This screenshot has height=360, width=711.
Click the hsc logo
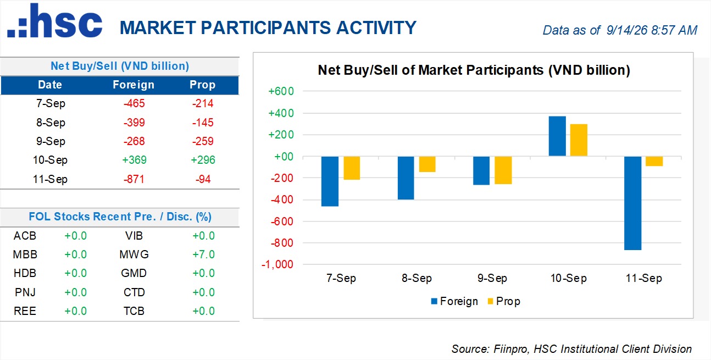point(54,20)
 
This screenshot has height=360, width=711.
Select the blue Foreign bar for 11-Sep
point(632,203)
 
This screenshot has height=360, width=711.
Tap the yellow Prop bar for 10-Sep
point(579,140)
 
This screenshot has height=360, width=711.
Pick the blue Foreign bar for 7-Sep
point(330,181)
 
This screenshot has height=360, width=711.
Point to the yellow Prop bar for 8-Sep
point(427,164)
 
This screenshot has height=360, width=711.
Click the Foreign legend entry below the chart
point(454,301)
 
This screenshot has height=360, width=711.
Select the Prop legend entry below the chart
point(504,301)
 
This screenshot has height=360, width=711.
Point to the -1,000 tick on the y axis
point(277,264)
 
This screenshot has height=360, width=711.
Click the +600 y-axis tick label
point(281,91)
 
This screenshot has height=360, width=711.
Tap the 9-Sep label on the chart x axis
point(492,278)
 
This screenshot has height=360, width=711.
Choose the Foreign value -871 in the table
point(134,179)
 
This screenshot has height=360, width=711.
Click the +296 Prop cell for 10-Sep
point(203,160)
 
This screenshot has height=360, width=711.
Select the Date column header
point(50,85)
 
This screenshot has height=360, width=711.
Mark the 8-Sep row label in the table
point(51,123)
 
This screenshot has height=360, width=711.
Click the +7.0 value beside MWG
point(203,254)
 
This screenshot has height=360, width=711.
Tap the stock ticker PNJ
point(25,292)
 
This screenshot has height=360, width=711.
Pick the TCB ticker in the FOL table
point(134,311)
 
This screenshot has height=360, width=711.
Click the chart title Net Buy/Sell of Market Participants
point(431,70)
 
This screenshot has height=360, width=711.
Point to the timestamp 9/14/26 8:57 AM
point(652,30)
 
